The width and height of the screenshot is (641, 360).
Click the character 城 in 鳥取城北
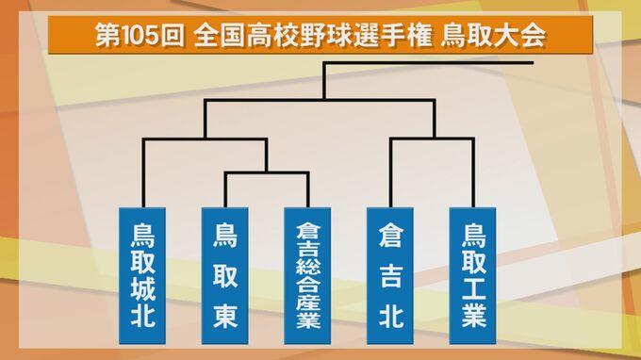point(143,286)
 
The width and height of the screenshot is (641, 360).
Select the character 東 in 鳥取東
point(224,310)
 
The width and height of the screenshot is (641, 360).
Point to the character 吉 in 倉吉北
point(390,272)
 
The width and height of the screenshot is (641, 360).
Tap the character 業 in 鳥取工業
point(472,314)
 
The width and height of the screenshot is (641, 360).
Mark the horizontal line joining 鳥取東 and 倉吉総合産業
point(266,172)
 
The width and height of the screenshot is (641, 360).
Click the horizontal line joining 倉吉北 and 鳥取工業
point(431,139)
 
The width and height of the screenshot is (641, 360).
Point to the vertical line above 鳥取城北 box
point(143,174)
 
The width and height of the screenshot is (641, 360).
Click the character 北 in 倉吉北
point(390,311)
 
